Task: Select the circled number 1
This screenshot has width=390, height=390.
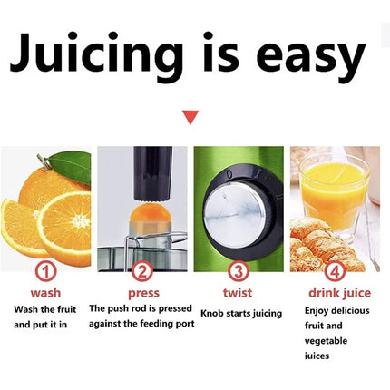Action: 44,271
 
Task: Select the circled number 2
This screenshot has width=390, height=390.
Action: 141,271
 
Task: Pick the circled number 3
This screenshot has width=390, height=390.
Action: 239,271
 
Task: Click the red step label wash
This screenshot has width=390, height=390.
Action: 45,293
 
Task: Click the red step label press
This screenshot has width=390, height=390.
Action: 143,293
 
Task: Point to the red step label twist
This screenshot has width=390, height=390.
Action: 239,293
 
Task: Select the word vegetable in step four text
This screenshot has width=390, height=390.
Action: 325,340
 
